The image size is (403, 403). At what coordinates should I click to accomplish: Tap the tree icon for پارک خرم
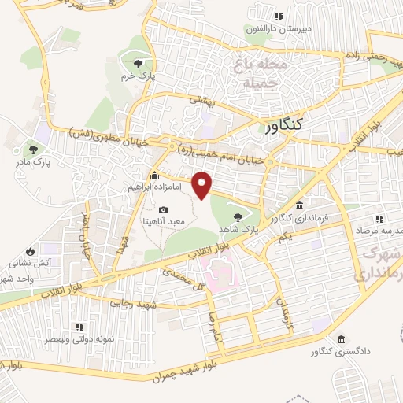(139, 64)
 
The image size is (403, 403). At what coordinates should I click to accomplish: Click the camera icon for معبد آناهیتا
(163, 209)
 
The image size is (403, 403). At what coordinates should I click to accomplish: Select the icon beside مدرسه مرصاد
(379, 219)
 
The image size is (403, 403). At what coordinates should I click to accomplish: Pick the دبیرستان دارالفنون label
(278, 29)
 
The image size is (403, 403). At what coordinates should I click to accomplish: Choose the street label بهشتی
(201, 100)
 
